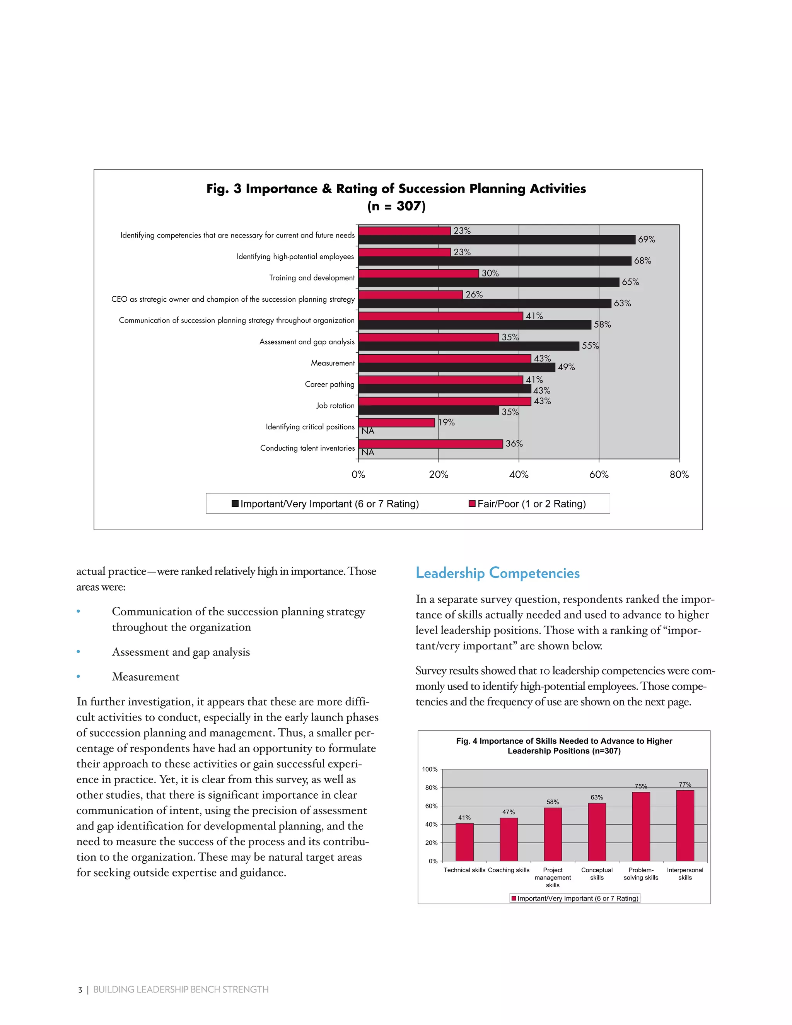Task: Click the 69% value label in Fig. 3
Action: [x=646, y=239]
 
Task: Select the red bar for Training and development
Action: [x=418, y=273]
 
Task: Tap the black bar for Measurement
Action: [x=457, y=367]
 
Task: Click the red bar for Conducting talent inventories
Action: [x=430, y=444]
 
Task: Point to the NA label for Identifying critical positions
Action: [x=367, y=431]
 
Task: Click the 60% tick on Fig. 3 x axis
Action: [x=599, y=475]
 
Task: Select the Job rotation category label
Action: [x=335, y=405]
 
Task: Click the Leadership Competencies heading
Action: [x=497, y=573]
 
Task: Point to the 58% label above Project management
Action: [x=552, y=802]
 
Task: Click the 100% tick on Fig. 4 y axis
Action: [x=429, y=769]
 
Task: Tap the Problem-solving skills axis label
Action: [x=640, y=873]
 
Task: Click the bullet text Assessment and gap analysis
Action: [x=181, y=652]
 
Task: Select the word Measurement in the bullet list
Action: [x=145, y=677]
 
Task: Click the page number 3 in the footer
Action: [x=80, y=990]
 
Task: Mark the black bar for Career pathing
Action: [x=444, y=389]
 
